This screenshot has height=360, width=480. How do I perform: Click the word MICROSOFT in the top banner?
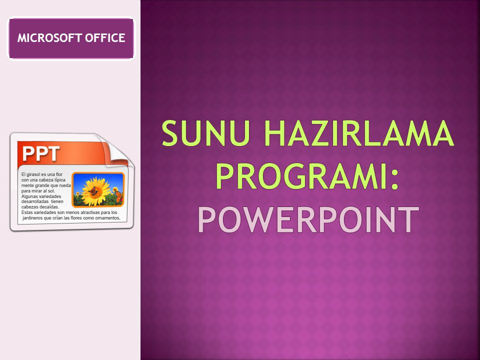click(x=49, y=38)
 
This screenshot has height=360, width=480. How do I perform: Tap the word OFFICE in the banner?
click(x=105, y=38)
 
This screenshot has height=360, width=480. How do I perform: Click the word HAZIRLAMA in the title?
click(x=359, y=133)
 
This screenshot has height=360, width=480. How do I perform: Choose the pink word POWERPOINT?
click(x=308, y=220)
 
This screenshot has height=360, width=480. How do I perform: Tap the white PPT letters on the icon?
click(x=41, y=153)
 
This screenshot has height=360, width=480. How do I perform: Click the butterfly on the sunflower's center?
click(x=93, y=190)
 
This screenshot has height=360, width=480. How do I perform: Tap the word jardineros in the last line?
click(x=33, y=218)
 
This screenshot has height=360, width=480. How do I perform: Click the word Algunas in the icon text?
click(x=29, y=196)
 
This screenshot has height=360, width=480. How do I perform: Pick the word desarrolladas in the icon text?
click(x=35, y=201)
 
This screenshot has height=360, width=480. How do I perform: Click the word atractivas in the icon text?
click(x=90, y=212)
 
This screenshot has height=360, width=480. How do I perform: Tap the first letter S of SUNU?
click(x=170, y=133)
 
